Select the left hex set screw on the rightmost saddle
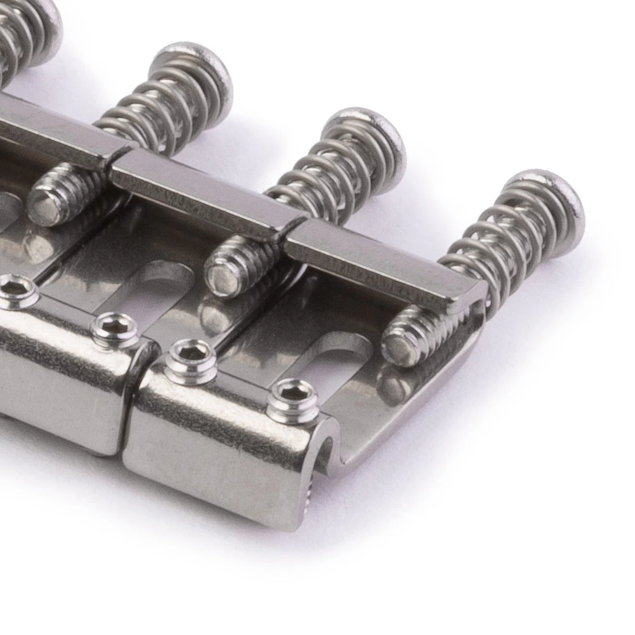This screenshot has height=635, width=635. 190,359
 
